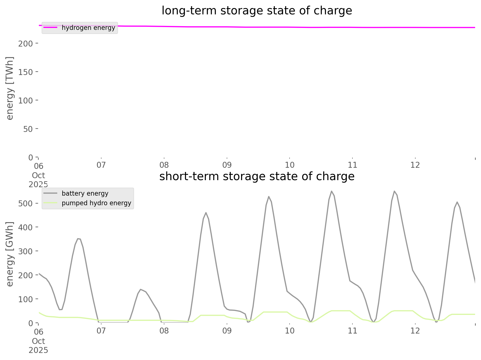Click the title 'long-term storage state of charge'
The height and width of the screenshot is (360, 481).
(257, 11)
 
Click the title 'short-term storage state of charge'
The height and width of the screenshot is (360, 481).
(257, 177)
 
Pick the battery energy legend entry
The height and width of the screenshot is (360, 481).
(85, 194)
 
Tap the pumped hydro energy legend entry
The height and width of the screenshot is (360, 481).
(96, 203)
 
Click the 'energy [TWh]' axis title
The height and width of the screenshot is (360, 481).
(10, 88)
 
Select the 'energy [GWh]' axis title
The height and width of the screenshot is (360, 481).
(10, 254)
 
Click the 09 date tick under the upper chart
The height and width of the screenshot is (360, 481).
(227, 165)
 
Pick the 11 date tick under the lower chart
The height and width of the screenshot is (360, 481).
(352, 331)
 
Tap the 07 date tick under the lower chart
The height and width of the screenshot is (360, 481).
(101, 331)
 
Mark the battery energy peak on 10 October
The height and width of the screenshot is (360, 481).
(332, 191)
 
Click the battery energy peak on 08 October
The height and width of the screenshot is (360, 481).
(206, 213)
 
